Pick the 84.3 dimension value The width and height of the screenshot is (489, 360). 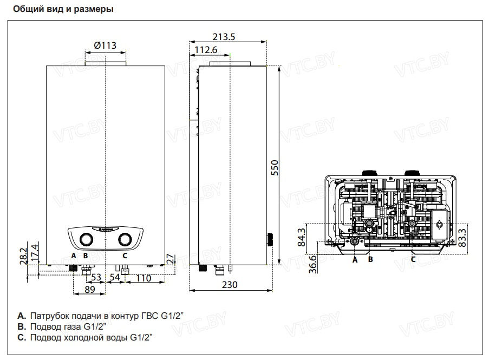point(302,237)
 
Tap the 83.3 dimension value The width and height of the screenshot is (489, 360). point(462,237)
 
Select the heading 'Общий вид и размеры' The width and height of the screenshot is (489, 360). point(63,10)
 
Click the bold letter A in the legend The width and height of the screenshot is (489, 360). point(21,315)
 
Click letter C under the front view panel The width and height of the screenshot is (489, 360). point(125,255)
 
